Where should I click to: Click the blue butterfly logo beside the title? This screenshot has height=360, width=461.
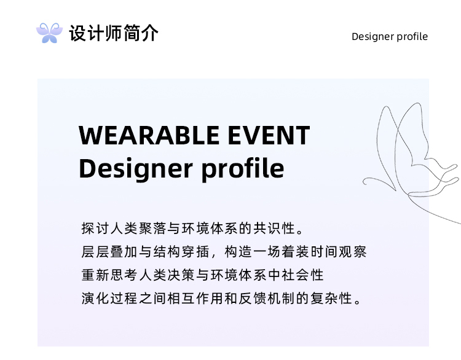point(49,33)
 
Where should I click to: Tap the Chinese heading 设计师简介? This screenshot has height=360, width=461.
point(114,33)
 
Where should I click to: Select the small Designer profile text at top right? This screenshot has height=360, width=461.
point(390,36)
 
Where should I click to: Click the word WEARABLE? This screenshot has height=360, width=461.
point(149,135)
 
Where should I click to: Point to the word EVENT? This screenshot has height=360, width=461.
point(269,135)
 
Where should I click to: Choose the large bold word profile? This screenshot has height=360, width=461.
point(243,169)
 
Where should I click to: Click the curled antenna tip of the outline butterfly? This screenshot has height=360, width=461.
point(365,182)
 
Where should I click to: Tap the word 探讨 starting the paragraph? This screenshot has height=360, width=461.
point(95,229)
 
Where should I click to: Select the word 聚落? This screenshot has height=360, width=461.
point(152,229)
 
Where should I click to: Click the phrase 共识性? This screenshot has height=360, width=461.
point(274,229)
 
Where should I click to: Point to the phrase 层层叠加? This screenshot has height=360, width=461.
point(109,252)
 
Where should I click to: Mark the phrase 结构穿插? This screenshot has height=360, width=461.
point(181,252)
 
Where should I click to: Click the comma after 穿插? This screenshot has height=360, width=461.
point(214,255)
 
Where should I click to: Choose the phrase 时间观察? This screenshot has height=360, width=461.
point(339,252)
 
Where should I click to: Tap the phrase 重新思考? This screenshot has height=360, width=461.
point(109,275)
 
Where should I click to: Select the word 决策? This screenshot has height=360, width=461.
point(181,275)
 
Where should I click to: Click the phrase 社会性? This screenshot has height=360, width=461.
point(303,275)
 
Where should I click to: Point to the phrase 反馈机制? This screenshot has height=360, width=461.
point(267,299)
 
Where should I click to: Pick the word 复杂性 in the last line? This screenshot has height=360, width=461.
point(331,299)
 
